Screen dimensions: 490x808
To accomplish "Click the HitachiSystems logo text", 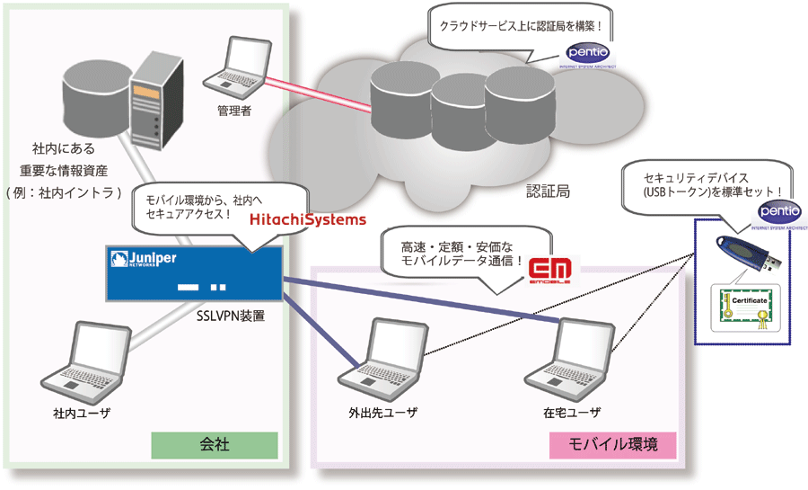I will [307, 219].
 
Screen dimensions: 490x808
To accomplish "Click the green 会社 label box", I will [215, 444].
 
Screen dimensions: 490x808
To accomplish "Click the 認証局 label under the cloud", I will [547, 192].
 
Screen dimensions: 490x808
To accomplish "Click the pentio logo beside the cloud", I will [588, 53].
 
